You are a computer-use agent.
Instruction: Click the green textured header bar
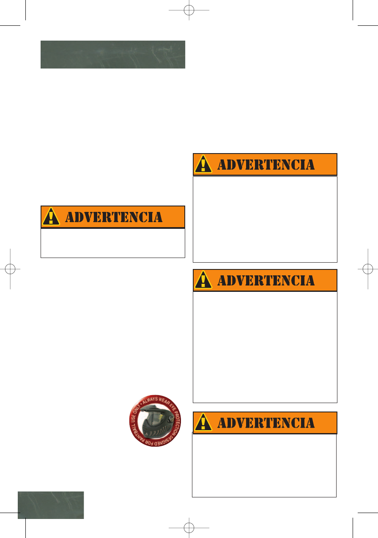coord(113,55)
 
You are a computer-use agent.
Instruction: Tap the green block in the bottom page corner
coord(51,505)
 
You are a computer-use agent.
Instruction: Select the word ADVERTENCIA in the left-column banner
coord(114,217)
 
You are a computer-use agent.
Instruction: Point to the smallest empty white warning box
coord(113,243)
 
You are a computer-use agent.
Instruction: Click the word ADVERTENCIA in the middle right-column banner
coord(266,280)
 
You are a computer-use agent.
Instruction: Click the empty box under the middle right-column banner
coord(265,347)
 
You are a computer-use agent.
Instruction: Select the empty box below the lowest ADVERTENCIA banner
coord(264,465)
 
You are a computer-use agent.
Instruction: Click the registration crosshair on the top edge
coord(189,10)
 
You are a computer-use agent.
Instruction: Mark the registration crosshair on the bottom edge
coord(189,528)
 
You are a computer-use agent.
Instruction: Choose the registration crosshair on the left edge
coord(10,269)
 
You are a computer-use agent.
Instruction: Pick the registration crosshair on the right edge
coord(368,269)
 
